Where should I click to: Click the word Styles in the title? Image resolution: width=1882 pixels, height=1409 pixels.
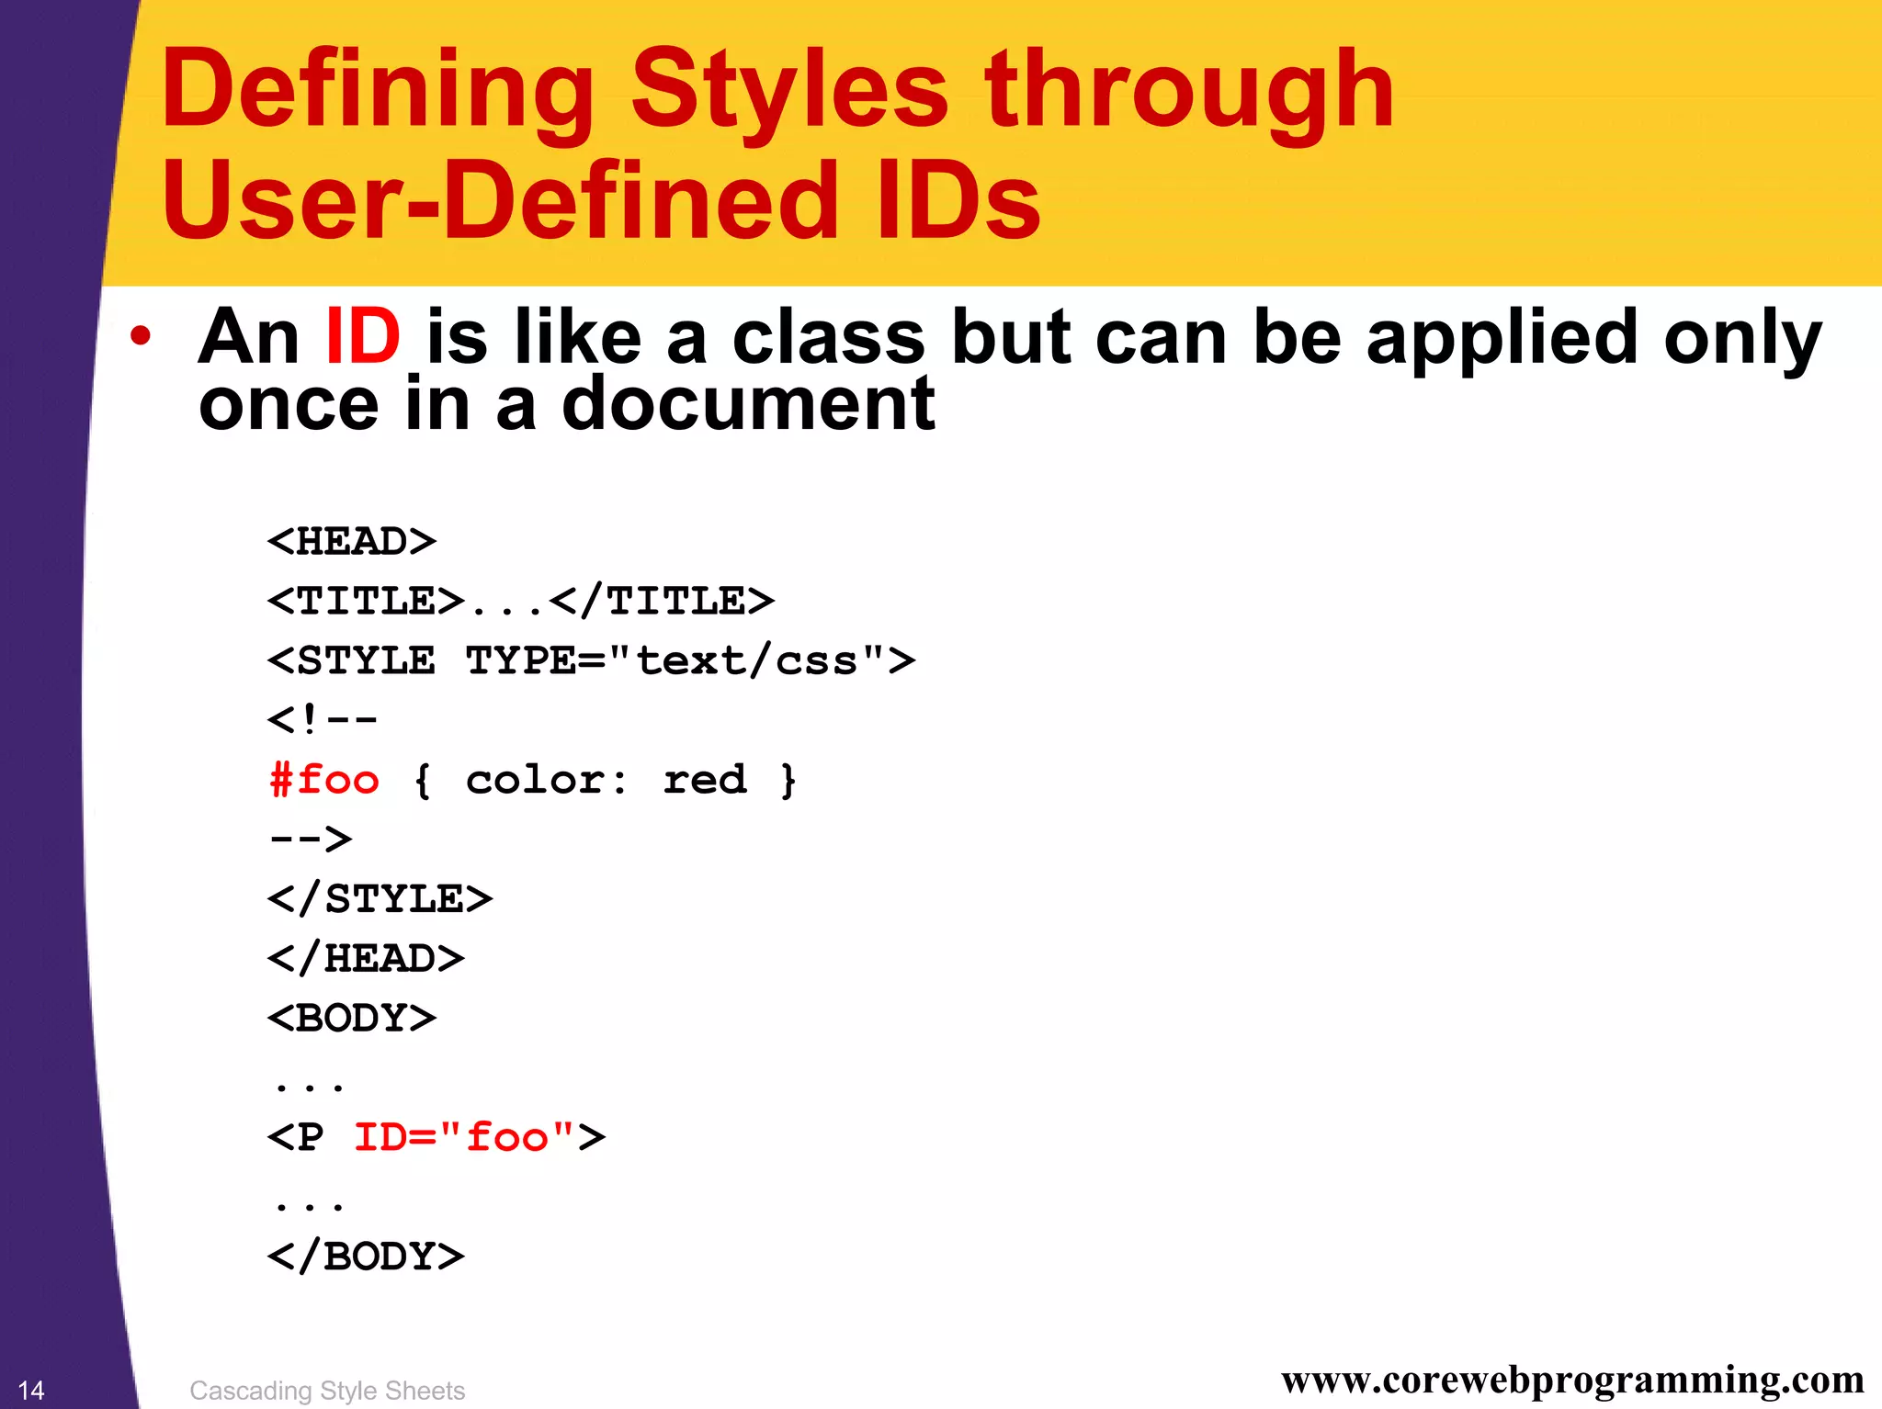(x=788, y=90)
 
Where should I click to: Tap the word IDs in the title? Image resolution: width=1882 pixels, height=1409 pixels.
(x=958, y=200)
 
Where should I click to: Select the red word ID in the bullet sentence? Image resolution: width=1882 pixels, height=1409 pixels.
(x=363, y=336)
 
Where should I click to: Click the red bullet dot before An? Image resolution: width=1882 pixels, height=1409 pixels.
(x=140, y=336)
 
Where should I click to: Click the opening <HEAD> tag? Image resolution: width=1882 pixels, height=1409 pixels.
(x=352, y=542)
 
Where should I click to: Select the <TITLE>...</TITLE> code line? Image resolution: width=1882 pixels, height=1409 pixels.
(x=520, y=602)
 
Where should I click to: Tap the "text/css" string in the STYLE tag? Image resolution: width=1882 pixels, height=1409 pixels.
(x=747, y=661)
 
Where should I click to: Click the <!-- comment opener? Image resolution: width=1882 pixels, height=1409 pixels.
(x=322, y=719)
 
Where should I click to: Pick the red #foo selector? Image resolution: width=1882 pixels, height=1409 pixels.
(x=324, y=780)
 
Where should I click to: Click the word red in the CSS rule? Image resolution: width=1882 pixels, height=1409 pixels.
(x=705, y=780)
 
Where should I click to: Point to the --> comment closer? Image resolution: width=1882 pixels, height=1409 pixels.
(x=311, y=839)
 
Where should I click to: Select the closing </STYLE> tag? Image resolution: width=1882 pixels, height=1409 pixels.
(x=380, y=899)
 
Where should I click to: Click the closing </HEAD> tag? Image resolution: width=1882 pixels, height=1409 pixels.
(x=366, y=959)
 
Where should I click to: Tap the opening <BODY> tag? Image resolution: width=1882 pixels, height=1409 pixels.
(x=352, y=1019)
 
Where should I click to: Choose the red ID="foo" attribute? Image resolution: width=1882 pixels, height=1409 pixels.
(x=464, y=1138)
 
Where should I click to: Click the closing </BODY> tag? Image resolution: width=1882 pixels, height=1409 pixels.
(x=366, y=1257)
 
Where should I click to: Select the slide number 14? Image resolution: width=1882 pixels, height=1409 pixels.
(x=31, y=1390)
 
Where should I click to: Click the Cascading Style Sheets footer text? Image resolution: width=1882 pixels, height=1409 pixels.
(x=327, y=1391)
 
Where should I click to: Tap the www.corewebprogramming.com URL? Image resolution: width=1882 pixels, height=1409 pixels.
(x=1572, y=1380)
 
